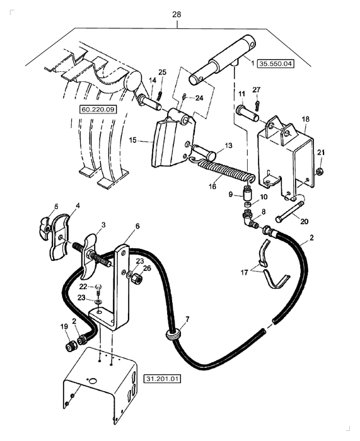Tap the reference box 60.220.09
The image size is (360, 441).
point(98,109)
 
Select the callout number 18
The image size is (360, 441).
point(305,118)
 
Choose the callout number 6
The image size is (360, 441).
point(137,226)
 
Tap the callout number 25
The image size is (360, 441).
point(162,72)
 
